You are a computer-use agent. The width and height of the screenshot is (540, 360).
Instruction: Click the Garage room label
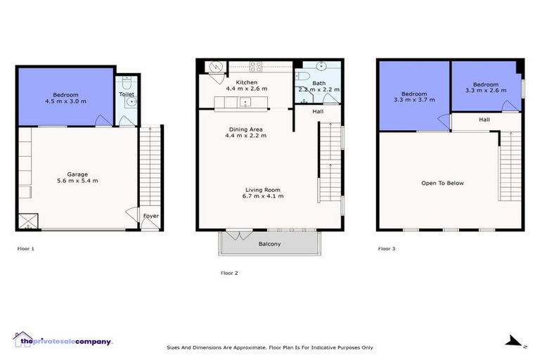click(x=77, y=174)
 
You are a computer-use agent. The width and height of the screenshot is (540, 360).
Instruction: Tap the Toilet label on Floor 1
click(x=127, y=94)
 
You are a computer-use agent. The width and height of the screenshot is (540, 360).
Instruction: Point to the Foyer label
click(x=150, y=216)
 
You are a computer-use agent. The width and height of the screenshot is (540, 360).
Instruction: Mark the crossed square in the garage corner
click(x=27, y=221)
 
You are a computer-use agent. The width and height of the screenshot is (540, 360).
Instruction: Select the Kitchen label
click(x=246, y=82)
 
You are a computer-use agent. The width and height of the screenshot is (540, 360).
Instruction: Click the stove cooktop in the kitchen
click(x=256, y=67)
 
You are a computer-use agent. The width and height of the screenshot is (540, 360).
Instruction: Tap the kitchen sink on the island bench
click(x=245, y=103)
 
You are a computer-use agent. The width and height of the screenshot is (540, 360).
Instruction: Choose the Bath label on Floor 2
click(x=318, y=82)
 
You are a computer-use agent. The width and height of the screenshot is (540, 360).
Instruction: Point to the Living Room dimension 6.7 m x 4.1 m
click(x=264, y=196)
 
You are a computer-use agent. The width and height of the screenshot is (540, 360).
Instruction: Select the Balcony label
click(x=269, y=244)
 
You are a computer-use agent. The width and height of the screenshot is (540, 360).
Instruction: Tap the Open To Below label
click(x=442, y=184)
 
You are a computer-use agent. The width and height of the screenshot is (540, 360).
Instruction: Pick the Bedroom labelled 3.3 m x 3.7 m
click(x=414, y=97)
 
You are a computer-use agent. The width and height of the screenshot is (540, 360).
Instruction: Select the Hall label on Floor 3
click(x=484, y=120)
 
